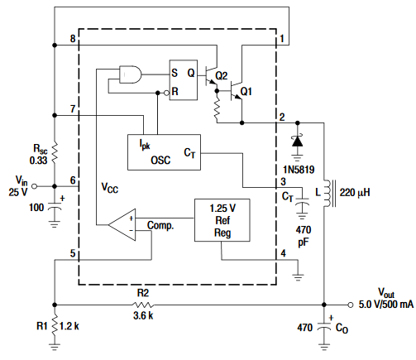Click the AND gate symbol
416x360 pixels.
pyautogui.click(x=131, y=75)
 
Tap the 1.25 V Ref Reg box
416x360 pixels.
pyautogui.click(x=221, y=219)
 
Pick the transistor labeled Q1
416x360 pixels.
pyautogui.click(x=241, y=92)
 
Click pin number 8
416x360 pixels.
pyautogui.click(x=73, y=40)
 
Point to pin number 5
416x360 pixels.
pyautogui.click(x=73, y=253)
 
